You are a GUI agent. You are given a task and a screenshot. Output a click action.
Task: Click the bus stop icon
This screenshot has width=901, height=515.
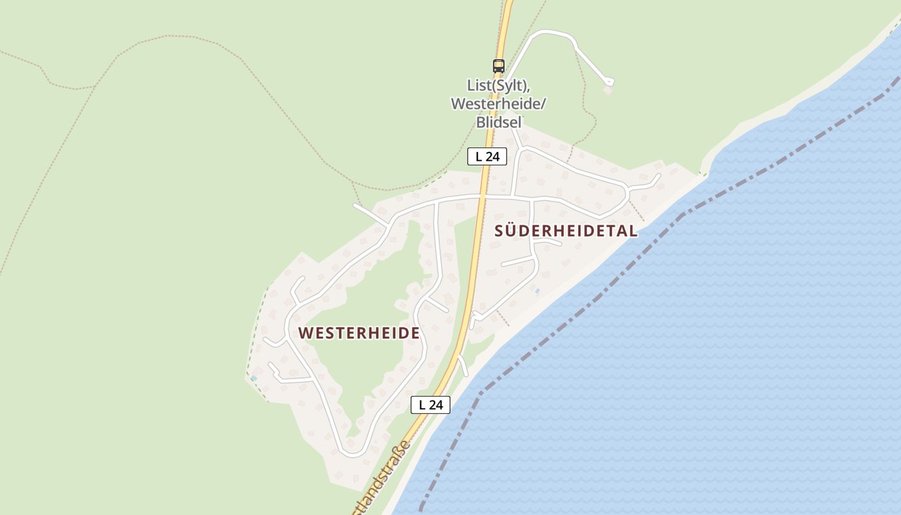(499, 66)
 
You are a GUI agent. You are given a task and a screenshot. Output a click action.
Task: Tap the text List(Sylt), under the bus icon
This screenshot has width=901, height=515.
(499, 86)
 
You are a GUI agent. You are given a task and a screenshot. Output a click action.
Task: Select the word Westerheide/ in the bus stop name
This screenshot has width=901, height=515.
(497, 104)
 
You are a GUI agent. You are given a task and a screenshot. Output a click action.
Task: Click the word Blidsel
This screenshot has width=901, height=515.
(499, 122)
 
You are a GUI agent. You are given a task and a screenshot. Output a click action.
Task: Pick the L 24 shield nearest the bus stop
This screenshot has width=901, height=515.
(487, 156)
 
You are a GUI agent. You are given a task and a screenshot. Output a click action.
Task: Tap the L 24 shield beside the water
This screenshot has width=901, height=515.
(431, 405)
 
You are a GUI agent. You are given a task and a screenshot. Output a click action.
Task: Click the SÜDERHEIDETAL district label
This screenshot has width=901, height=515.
(566, 231)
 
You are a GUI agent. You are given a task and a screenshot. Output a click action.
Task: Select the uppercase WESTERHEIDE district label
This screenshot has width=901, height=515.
(359, 333)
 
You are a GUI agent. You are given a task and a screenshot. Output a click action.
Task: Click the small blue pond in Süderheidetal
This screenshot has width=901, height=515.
(537, 291)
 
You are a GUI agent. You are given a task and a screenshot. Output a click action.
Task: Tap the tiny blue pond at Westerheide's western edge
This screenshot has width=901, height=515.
(254, 378)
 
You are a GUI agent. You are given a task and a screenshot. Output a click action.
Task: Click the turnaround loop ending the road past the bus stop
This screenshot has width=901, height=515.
(609, 81)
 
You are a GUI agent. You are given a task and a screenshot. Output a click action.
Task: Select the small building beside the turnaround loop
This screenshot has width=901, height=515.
(608, 91)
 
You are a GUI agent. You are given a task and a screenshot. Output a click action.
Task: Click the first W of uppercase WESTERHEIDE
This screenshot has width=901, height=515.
(306, 333)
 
